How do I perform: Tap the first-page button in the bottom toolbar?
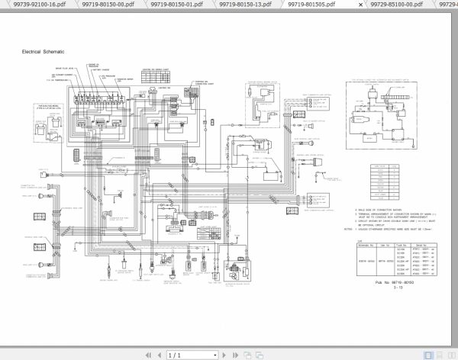pos(139,353)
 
